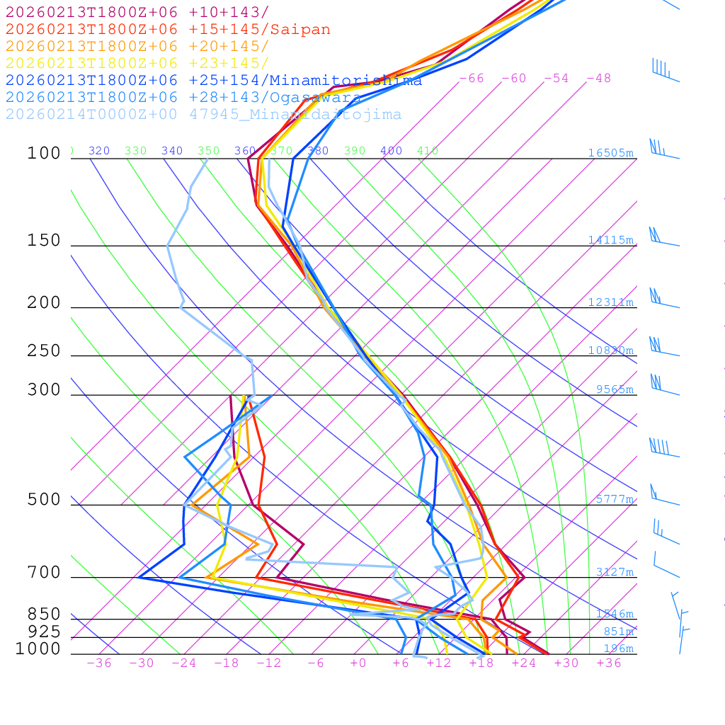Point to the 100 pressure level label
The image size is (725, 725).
(44, 154)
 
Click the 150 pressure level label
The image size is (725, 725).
(44, 241)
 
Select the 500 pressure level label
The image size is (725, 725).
(44, 500)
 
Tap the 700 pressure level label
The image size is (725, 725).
(44, 573)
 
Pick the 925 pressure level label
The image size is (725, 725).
(44, 632)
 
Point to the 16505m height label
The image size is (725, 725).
(610, 153)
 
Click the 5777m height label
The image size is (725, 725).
(614, 499)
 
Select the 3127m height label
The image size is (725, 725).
(614, 572)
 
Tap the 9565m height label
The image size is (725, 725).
(614, 389)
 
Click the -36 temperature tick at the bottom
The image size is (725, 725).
(98, 663)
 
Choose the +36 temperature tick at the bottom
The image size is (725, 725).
(608, 663)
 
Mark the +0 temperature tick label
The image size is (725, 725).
(358, 663)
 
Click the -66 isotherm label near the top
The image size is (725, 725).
(471, 79)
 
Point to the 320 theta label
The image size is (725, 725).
(99, 151)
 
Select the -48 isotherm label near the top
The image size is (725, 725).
(598, 79)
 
